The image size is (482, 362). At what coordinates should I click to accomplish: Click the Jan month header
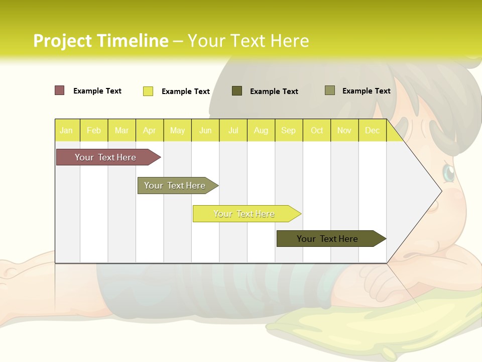tap(67, 130)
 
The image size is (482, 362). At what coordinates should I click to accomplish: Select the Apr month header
tap(150, 130)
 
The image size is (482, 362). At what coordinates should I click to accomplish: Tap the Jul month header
tap(233, 130)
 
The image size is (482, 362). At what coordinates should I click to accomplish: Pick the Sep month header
tap(288, 130)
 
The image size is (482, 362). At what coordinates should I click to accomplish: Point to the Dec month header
tap(372, 130)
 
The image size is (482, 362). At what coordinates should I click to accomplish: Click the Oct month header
tap(317, 130)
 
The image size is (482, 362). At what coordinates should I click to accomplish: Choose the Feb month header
tap(94, 130)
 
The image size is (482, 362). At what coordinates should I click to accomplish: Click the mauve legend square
tap(60, 90)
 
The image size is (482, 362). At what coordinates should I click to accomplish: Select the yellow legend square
tap(148, 91)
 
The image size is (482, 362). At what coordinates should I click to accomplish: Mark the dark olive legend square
tap(237, 90)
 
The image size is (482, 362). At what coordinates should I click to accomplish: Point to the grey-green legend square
tap(330, 90)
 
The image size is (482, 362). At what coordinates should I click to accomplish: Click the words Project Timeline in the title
tap(100, 41)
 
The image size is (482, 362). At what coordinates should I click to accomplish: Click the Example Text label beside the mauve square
tap(97, 91)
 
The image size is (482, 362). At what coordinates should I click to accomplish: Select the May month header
tap(177, 130)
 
